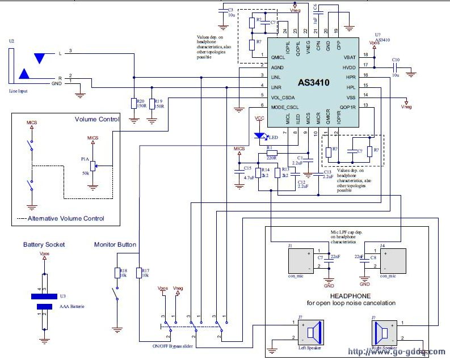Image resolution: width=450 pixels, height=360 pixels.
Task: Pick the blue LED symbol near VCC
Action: point(260,135)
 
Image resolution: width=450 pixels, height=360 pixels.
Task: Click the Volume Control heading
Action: point(97,119)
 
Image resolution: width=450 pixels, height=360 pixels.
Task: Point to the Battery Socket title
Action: point(44,245)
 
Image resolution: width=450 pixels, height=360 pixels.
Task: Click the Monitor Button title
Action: point(115,245)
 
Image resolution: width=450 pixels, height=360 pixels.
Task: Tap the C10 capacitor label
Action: point(396,60)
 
